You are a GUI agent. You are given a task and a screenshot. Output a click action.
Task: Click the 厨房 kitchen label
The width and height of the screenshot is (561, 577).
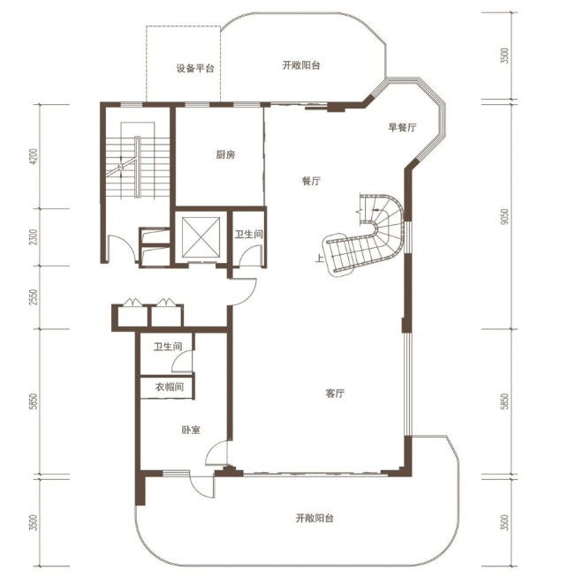point(225,155)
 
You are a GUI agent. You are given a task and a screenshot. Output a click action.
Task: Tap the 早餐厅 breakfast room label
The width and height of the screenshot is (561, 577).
point(402,127)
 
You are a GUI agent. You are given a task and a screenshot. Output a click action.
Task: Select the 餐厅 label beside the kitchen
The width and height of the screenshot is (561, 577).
point(311,181)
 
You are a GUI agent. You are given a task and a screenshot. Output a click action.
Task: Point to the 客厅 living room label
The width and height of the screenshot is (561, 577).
point(336,393)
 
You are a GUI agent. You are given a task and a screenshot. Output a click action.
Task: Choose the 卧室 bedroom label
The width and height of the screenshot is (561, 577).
point(191,430)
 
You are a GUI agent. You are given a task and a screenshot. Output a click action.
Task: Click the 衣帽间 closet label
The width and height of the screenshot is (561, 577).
point(170,386)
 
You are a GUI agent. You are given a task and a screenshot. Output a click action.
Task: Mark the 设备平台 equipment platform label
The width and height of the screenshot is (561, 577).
point(195,69)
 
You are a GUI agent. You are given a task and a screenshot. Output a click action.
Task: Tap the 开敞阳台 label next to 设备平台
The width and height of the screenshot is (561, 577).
point(301,65)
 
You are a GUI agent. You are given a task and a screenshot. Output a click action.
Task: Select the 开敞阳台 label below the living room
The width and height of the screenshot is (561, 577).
point(315,518)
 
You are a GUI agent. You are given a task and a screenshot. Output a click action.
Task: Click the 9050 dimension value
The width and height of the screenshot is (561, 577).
point(505,217)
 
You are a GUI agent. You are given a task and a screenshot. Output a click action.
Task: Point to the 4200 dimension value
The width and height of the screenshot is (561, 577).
point(34,156)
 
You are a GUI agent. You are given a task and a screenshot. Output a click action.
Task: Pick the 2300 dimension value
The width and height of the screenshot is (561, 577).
point(34,237)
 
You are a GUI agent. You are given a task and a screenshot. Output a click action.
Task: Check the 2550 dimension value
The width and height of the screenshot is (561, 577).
point(34,297)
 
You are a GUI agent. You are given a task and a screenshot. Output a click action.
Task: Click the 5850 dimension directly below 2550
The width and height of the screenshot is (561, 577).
point(34,401)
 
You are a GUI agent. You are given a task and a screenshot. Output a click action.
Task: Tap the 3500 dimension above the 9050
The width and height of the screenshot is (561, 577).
point(505,56)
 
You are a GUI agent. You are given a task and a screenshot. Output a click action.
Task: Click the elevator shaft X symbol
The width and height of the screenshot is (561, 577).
point(201,236)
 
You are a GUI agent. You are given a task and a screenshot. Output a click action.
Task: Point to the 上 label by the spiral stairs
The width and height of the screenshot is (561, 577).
point(319,258)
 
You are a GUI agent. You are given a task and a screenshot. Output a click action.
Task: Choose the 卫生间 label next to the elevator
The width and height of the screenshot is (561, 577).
point(249,234)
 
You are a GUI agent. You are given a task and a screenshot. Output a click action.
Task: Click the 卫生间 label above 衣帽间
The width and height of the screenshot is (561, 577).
point(168,346)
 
